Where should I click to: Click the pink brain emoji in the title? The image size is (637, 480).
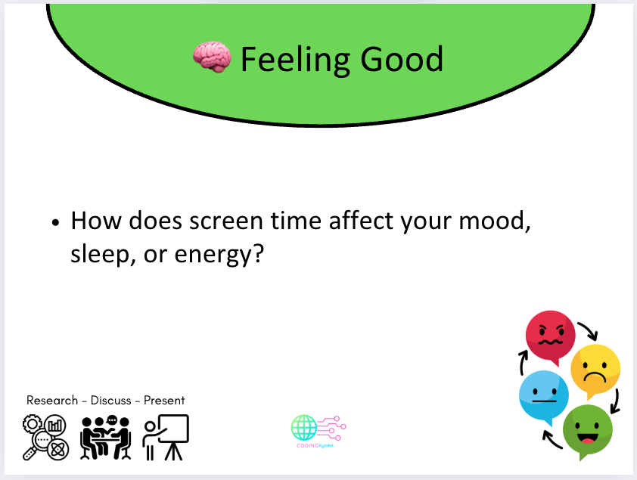212,57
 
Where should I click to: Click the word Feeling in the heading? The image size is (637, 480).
295,60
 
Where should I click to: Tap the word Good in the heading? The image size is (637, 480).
402,59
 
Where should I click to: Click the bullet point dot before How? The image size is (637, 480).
56,222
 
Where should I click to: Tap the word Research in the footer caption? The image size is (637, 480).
52,401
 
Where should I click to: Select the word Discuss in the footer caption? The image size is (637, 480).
111,401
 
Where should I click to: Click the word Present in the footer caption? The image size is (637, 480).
164,401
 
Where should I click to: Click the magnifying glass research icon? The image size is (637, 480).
45,438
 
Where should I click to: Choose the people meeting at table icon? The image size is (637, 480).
106,438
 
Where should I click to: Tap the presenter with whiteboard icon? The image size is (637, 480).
166,438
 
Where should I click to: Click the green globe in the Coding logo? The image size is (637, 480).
303,428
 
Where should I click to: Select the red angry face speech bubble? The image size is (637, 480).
551,336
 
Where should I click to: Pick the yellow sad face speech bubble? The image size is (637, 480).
595,370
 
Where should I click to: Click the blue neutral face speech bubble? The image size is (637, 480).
543,396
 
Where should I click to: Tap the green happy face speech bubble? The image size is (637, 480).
587,431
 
